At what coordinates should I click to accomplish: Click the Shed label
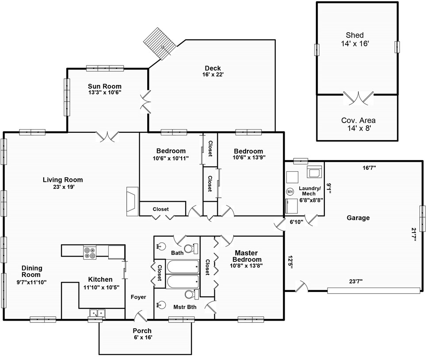[354, 35]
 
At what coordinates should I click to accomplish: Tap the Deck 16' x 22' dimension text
[213, 74]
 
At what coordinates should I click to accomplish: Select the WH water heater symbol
[290, 191]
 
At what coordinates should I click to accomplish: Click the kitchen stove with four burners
[90, 253]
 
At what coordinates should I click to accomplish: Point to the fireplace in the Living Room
[133, 202]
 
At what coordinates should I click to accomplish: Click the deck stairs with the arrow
[160, 44]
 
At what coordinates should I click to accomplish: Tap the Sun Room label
[105, 86]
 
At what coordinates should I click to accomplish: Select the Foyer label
[138, 297]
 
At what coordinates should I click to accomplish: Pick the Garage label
[358, 218]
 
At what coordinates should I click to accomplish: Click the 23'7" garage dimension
[356, 281]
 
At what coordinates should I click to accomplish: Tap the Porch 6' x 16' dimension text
[143, 337]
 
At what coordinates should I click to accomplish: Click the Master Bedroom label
[247, 256]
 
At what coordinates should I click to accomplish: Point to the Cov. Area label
[358, 120]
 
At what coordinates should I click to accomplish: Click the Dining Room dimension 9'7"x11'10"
[31, 282]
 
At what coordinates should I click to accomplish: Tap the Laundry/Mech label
[309, 191]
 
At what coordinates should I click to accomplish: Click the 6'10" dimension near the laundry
[297, 222]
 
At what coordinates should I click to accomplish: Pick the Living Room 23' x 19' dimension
[64, 187]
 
